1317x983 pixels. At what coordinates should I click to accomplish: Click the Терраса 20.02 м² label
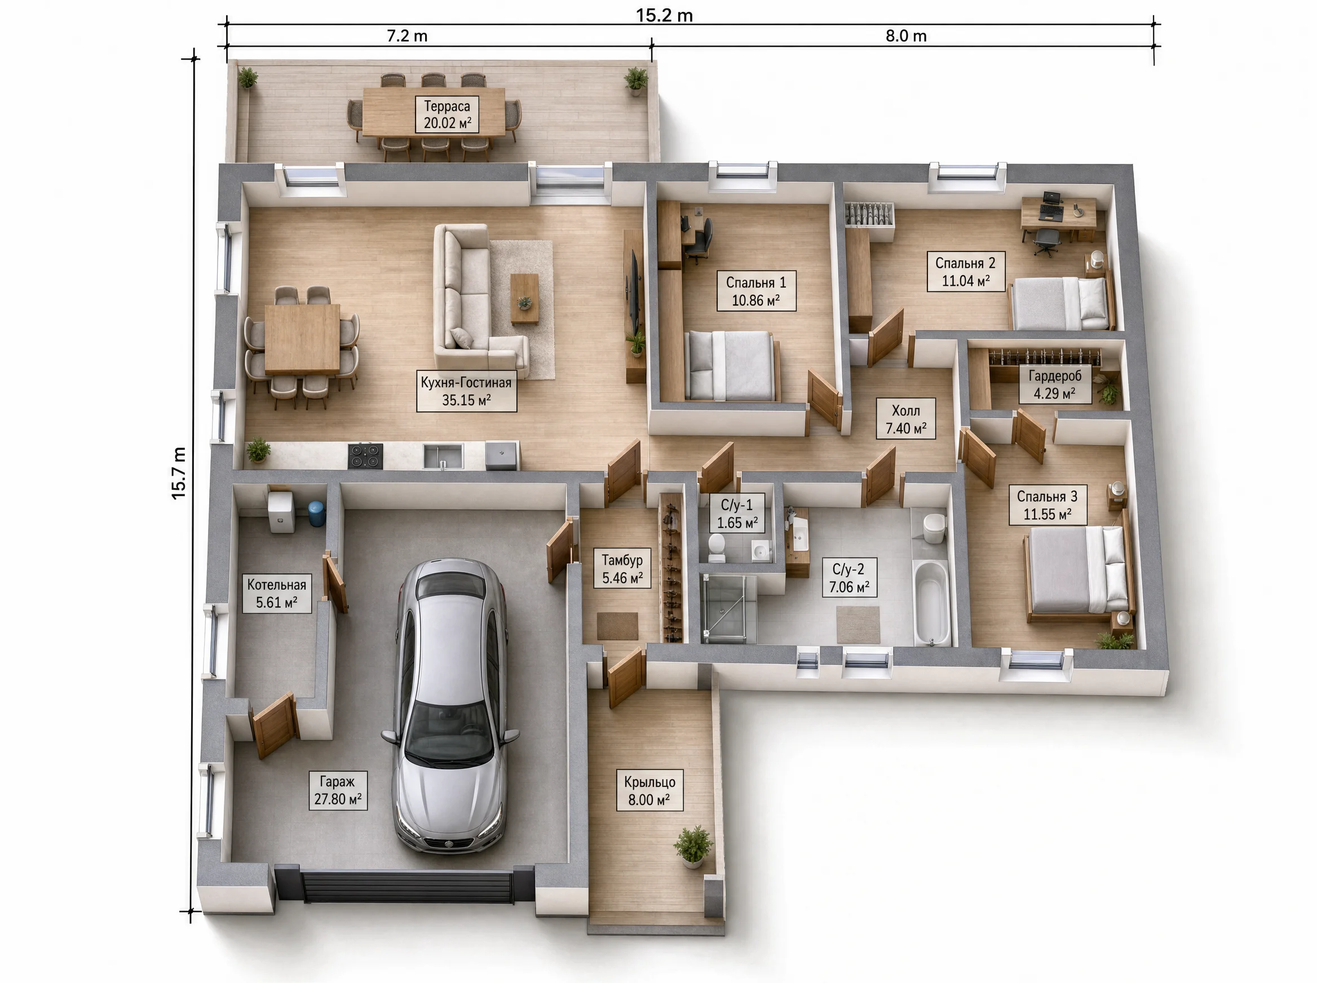(447, 115)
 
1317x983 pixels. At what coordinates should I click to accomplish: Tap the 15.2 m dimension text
(664, 15)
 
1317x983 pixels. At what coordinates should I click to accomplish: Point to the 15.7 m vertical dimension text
(179, 473)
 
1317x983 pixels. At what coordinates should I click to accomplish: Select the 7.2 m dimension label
(407, 36)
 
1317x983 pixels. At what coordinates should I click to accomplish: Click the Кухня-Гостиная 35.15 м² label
(466, 392)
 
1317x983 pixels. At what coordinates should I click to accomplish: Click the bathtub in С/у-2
(932, 602)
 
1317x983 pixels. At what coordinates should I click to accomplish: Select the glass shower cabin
(727, 608)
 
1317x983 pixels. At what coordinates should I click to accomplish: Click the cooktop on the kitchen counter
(365, 455)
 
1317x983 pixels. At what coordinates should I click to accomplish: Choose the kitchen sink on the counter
(443, 456)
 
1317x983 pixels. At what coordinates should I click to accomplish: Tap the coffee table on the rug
(524, 298)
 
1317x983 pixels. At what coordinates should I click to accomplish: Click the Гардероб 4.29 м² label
(1054, 384)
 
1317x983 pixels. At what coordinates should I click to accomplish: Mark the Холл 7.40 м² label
(906, 419)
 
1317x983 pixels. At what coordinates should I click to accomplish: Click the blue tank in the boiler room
(316, 513)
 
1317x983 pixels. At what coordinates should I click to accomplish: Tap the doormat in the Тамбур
(617, 626)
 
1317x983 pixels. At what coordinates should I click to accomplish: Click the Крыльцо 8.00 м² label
(649, 790)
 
